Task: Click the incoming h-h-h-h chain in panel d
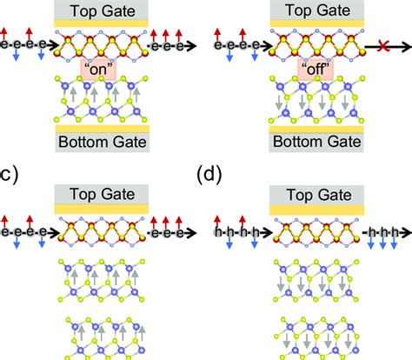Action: coord(235,233)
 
